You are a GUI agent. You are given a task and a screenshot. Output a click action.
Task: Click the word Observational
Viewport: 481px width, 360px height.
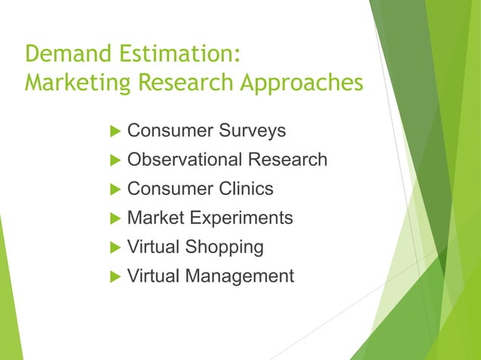(x=183, y=160)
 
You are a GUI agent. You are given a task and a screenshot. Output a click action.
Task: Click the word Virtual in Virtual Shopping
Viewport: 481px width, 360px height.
(x=151, y=247)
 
